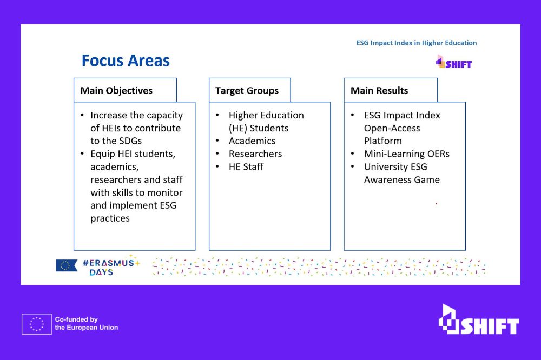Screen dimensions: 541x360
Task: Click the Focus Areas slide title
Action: pyautogui.click(x=126, y=61)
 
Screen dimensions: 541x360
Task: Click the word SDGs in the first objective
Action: pyautogui.click(x=130, y=141)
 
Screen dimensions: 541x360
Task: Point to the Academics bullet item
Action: pyautogui.click(x=252, y=141)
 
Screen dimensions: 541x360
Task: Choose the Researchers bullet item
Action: pyautogui.click(x=255, y=154)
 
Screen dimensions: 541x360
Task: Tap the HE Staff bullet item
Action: pyautogui.click(x=246, y=167)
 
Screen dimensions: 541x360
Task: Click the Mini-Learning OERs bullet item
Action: pyautogui.click(x=407, y=154)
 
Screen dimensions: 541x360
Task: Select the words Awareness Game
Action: pyautogui.click(x=402, y=179)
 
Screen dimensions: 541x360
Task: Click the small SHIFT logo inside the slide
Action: pyautogui.click(x=453, y=62)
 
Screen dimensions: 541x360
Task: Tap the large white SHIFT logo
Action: pyautogui.click(x=479, y=319)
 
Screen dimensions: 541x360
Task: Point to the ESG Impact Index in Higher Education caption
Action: pyautogui.click(x=417, y=43)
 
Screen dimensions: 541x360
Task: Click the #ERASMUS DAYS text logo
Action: pyautogui.click(x=111, y=266)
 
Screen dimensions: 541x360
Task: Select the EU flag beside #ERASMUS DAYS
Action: pyautogui.click(x=66, y=265)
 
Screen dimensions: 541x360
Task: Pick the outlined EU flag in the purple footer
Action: pyautogui.click(x=37, y=324)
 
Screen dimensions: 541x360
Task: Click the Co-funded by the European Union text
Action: pyautogui.click(x=86, y=323)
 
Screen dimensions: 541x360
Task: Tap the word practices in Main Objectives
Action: pyautogui.click(x=110, y=218)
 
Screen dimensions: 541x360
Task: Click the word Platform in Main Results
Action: pyautogui.click(x=382, y=141)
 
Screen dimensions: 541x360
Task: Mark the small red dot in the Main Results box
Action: pyautogui.click(x=437, y=203)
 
